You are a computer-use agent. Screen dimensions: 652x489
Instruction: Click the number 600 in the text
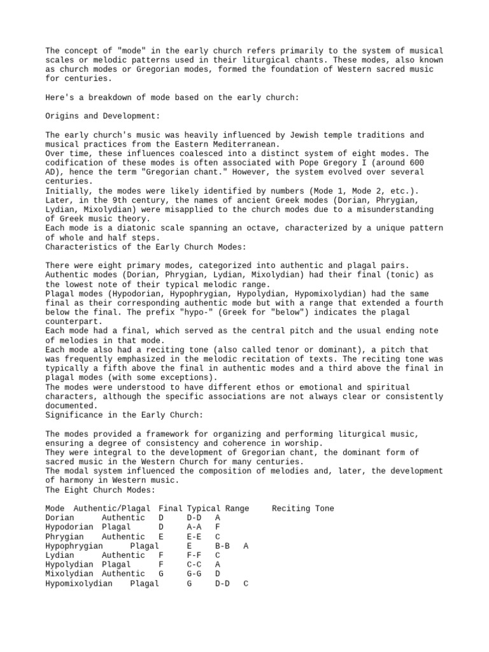point(415,163)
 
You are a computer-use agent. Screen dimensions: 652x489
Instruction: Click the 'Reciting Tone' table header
point(302,508)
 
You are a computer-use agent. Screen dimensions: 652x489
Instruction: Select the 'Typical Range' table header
point(218,508)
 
